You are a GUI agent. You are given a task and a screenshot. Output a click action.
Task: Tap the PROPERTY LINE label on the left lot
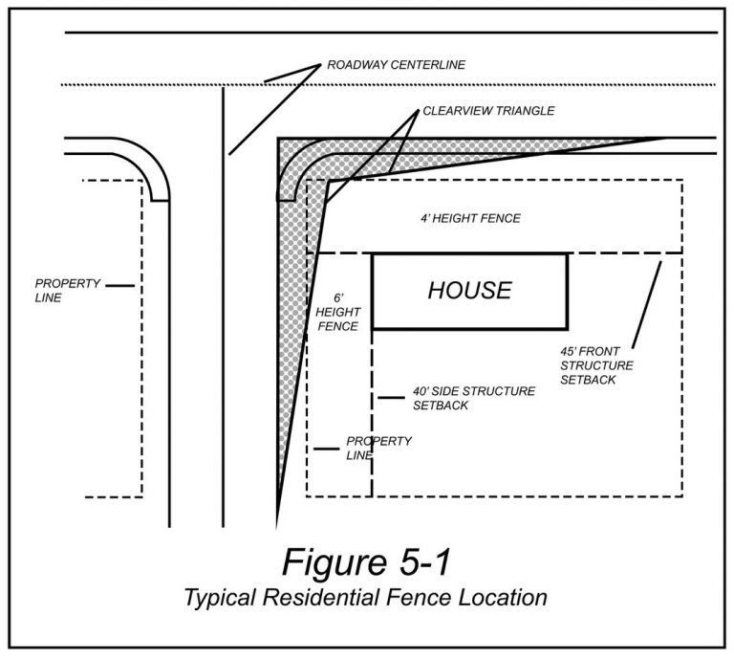coord(62,291)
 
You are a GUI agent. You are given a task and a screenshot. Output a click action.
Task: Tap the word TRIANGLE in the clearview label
coord(523,111)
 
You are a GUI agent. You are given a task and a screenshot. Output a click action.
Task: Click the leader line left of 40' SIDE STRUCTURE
coord(390,397)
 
